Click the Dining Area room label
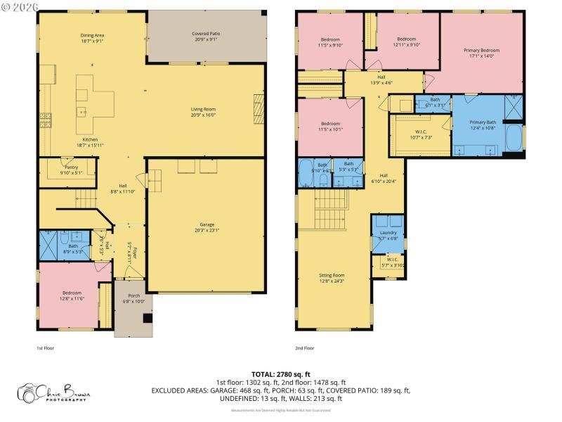tap(92, 38)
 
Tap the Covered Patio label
tap(206, 37)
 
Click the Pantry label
tap(71, 170)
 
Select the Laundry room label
tap(388, 236)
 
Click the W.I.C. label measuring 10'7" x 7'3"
tap(421, 134)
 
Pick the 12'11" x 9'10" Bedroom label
tap(407, 41)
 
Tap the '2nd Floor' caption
tap(305, 347)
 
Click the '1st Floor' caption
tap(45, 347)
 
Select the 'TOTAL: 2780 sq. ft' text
tap(281, 373)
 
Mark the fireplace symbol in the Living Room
tap(259, 107)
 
